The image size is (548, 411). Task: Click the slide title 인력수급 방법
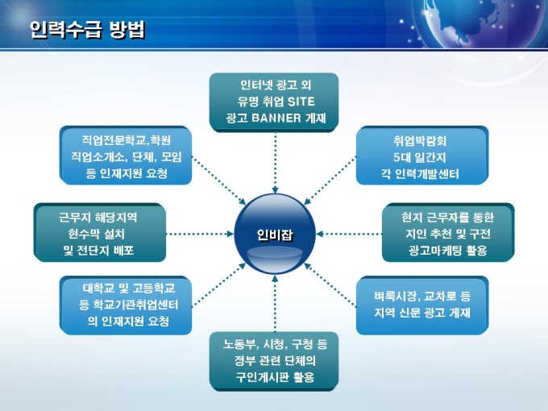pos(87,29)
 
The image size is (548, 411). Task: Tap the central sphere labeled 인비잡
pos(275,235)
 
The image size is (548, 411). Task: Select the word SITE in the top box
pos(301,102)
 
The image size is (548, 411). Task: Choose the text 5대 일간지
pos(420,157)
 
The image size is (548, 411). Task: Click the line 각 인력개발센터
pos(420,174)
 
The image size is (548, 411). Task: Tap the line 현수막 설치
pos(97,234)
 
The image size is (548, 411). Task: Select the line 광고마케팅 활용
pos(448,251)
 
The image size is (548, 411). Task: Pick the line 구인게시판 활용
pos(275,377)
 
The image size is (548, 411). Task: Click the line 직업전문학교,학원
pos(127,140)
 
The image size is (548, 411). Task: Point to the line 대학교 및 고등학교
pos(129,289)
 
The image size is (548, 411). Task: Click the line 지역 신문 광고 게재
pos(422,313)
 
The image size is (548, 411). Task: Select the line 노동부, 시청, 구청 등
pos(275,345)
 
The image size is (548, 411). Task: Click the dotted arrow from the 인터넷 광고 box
pos(275,163)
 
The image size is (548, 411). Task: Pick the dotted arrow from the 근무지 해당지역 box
pos(200,234)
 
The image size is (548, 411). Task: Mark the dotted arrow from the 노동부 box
pos(275,303)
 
